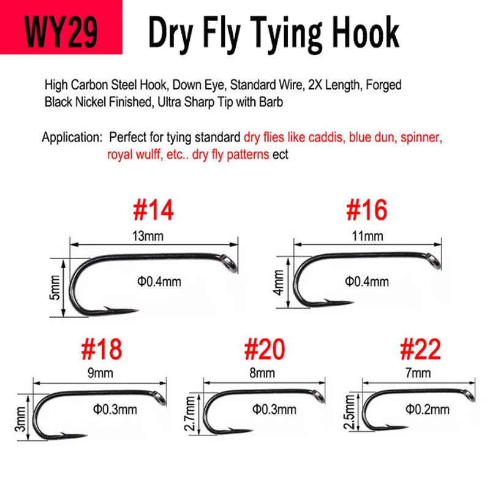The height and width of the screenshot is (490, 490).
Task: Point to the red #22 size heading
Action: tap(420, 349)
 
